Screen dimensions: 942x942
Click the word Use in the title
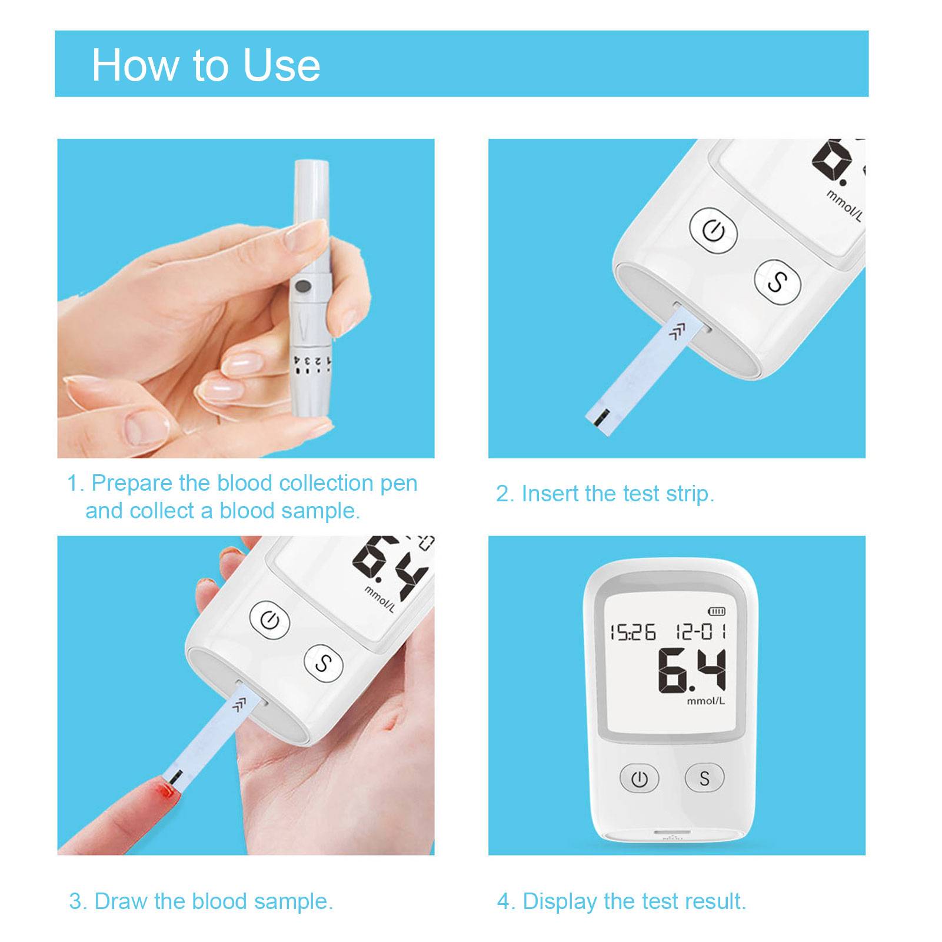coord(282,65)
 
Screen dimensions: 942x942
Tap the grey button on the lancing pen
coord(302,287)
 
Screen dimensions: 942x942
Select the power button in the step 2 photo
coord(713,230)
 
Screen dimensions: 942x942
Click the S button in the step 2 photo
coord(777,282)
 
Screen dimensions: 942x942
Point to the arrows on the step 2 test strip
coord(677,333)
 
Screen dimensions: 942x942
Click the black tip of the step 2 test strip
coord(601,419)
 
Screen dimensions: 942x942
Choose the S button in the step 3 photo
coord(323,664)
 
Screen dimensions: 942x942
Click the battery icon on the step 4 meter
coord(717,611)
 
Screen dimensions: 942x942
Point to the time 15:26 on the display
coord(633,632)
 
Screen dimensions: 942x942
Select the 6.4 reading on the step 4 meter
coord(692,670)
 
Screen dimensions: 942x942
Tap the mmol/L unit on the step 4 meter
coord(705,701)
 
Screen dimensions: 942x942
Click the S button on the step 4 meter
coord(704,778)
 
